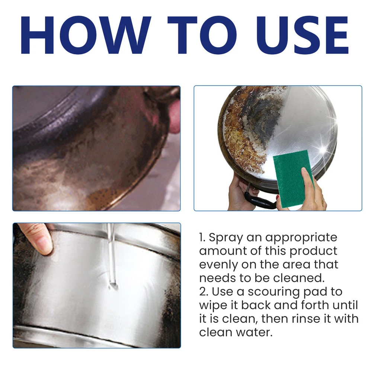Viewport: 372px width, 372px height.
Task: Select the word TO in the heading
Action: point(202,35)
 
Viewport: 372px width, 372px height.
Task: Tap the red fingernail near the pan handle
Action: point(278,197)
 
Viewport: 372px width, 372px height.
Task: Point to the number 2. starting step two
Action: point(204,292)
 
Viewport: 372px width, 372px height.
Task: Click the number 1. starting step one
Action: point(202,237)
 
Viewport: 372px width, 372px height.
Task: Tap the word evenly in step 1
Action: point(218,265)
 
